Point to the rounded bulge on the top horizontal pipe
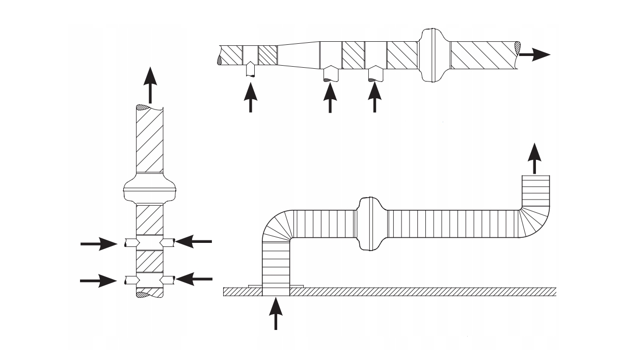[x=432, y=54]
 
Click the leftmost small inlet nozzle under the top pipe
[x=250, y=69]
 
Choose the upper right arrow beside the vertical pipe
[x=193, y=241]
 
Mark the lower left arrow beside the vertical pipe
[x=99, y=280]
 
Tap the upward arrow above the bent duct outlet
[x=534, y=158]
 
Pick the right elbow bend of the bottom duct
[x=535, y=219]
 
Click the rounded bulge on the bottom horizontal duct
[x=370, y=224]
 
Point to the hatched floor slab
[x=408, y=291]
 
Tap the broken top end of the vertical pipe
[x=149, y=108]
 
